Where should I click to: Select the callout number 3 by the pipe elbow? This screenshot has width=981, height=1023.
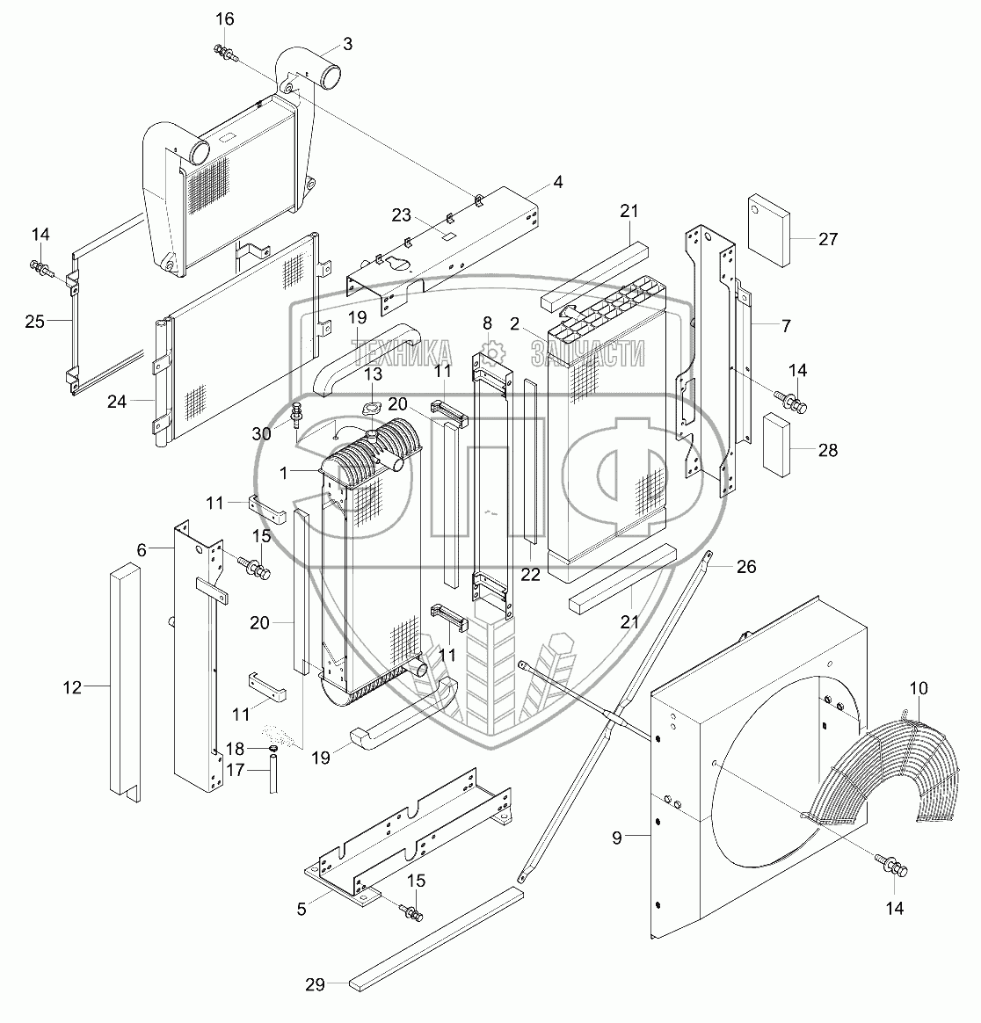point(347,43)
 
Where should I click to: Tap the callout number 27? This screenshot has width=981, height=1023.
point(828,238)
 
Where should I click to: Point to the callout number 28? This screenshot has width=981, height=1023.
point(827,450)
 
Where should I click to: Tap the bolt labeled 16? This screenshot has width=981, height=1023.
point(225,54)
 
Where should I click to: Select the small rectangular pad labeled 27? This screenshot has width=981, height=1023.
point(767,230)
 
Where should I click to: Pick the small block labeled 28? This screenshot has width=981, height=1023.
point(778,444)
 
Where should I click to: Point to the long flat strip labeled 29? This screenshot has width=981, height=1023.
point(435,938)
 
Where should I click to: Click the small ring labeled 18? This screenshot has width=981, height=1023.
point(273,748)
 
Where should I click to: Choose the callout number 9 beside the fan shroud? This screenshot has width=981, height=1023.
point(617,838)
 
